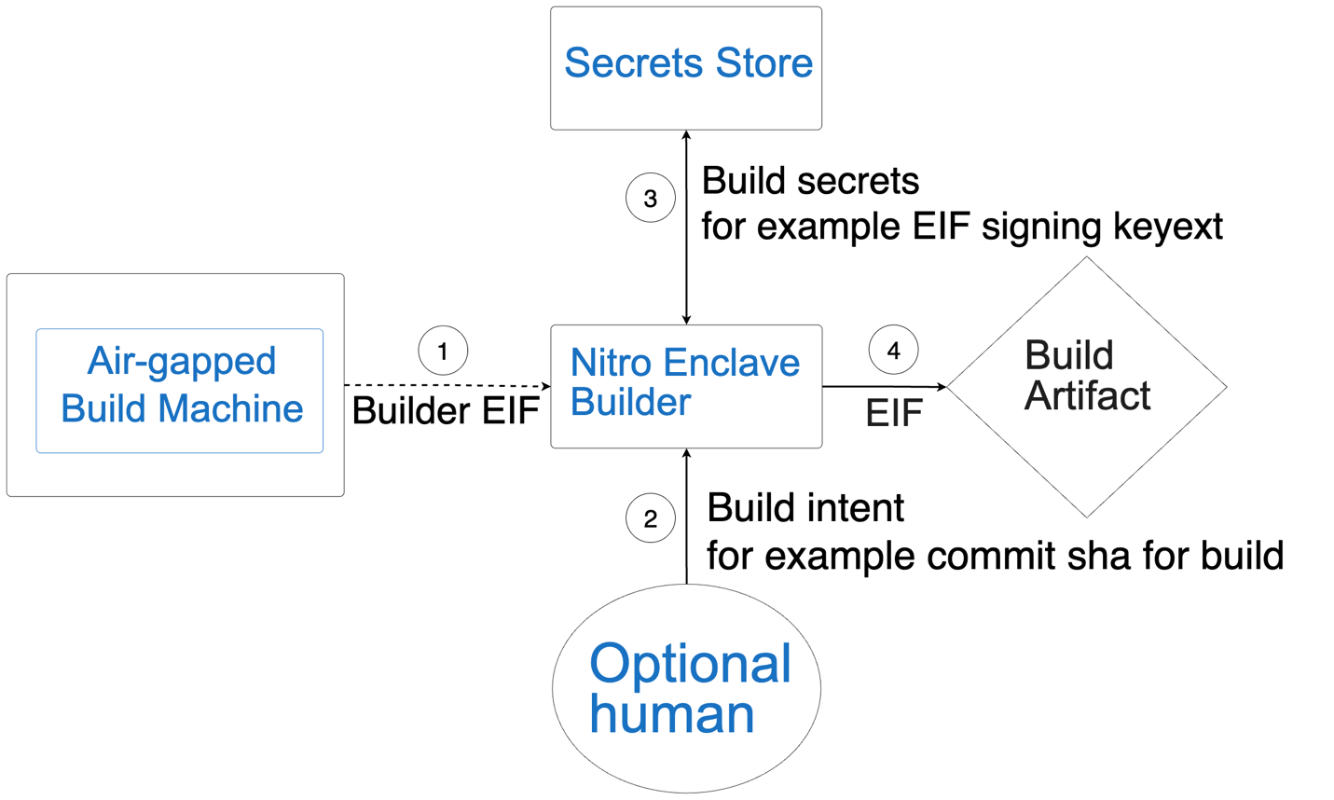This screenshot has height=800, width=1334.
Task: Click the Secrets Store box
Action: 686,67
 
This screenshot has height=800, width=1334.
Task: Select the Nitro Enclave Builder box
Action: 686,385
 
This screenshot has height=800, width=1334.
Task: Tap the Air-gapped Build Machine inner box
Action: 180,390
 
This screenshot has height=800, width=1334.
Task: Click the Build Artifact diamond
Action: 1086,386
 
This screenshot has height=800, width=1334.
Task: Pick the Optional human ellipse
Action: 686,688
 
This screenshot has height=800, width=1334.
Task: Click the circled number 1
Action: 443,351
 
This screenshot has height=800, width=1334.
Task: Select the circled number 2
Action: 650,517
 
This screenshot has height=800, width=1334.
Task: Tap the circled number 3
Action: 650,198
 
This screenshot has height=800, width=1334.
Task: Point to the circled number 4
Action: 893,350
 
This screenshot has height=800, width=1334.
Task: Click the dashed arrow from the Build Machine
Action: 447,385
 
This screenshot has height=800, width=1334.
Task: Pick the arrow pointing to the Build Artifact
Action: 884,386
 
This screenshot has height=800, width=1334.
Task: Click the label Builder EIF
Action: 446,411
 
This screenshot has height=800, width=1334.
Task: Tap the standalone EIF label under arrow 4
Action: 893,413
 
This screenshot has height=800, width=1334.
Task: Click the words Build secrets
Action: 809,181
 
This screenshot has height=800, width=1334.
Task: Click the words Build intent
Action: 805,508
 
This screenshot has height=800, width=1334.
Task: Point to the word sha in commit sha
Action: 1103,556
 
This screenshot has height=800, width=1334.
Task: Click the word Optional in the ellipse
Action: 690,664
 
